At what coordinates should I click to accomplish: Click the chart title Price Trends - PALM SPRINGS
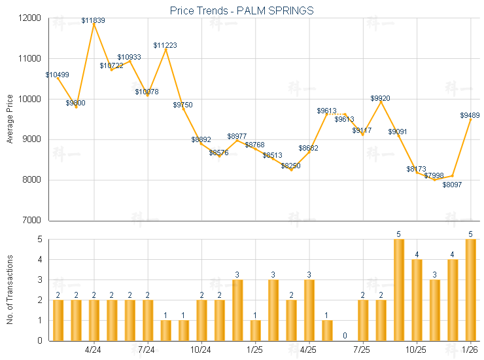pyautogui.click(x=241, y=10)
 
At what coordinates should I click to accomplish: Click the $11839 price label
pyautogui.click(x=94, y=21)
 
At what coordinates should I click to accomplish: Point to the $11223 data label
pyautogui.click(x=165, y=45)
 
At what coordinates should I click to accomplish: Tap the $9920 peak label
pyautogui.click(x=380, y=98)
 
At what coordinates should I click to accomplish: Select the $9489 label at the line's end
pyautogui.click(x=470, y=115)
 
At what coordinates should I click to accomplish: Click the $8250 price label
pyautogui.click(x=291, y=166)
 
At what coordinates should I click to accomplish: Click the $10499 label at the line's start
pyautogui.click(x=58, y=75)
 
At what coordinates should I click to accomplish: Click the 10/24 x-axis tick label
pyautogui.click(x=201, y=350)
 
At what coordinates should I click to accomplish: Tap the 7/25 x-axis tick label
pyautogui.click(x=362, y=350)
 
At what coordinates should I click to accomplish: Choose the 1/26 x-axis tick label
pyautogui.click(x=470, y=350)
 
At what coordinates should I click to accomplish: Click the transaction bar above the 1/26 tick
pyautogui.click(x=470, y=290)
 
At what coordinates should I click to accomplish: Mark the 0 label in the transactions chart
pyautogui.click(x=345, y=336)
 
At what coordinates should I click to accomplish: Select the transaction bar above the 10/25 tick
pyautogui.click(x=417, y=300)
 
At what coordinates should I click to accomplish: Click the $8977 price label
pyautogui.click(x=237, y=136)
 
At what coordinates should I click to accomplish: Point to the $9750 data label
pyautogui.click(x=183, y=105)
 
